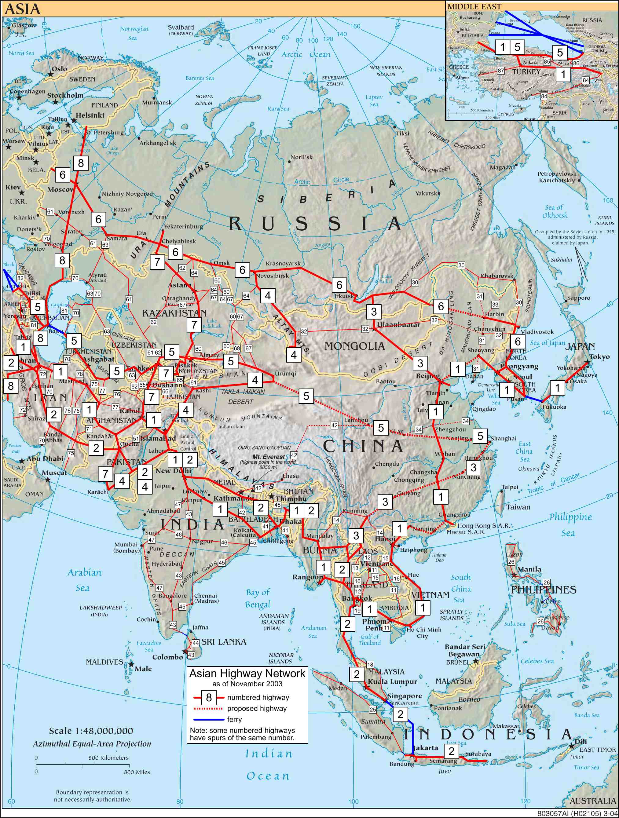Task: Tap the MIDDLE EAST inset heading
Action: (474, 7)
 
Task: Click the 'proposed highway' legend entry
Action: (257, 708)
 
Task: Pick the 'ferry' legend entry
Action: (234, 719)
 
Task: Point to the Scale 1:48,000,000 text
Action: (91, 731)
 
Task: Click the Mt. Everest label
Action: (269, 456)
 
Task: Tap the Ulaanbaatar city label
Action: (398, 325)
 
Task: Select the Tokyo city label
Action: (599, 356)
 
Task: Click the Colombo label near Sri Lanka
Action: (168, 657)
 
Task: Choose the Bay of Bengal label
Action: (258, 598)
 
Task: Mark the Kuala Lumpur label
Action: (392, 681)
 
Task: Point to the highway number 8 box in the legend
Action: (209, 697)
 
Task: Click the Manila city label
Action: (529, 569)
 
